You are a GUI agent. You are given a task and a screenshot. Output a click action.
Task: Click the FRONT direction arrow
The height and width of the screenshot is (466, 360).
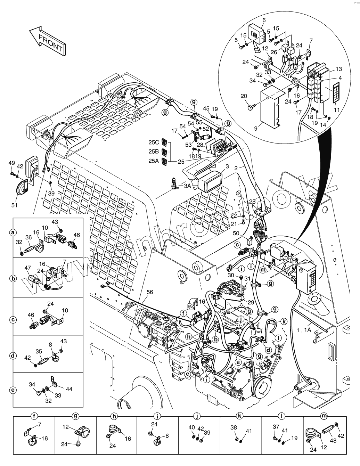click(47, 41)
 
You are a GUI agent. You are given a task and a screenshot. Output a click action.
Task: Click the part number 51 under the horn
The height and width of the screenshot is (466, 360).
click(14, 205)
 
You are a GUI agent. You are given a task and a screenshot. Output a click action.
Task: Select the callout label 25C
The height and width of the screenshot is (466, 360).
click(154, 142)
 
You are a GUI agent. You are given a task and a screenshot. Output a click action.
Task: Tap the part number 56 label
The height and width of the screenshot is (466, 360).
click(150, 293)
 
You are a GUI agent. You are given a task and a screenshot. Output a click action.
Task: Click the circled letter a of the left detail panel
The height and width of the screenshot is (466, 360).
click(13, 232)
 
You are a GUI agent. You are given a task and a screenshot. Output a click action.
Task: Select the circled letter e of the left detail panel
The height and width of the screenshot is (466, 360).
click(13, 390)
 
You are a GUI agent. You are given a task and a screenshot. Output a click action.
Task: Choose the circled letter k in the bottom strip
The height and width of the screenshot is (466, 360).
click(240, 415)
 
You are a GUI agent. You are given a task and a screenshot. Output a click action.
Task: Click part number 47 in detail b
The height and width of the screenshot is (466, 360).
click(27, 268)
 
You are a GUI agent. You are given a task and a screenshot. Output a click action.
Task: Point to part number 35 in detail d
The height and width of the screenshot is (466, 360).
click(39, 351)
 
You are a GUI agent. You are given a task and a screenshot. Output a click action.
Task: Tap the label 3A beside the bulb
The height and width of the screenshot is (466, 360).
click(187, 186)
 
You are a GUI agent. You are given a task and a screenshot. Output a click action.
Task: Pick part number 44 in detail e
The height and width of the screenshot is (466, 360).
click(69, 389)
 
